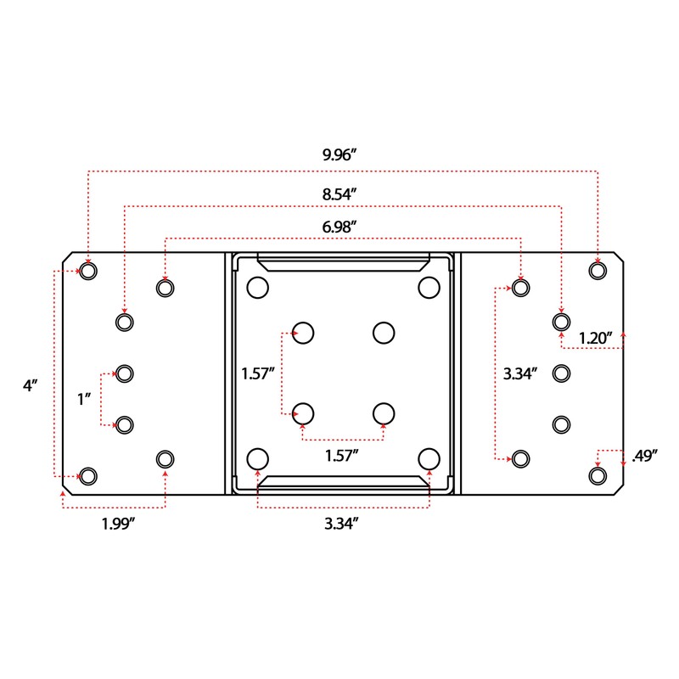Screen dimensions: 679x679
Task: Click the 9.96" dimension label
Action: [339, 156]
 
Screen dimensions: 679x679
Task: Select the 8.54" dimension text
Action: [339, 194]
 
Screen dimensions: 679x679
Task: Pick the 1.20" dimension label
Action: [596, 338]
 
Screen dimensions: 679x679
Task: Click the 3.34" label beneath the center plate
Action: [340, 524]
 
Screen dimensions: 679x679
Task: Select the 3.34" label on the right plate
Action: [520, 373]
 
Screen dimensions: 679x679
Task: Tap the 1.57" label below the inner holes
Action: [342, 456]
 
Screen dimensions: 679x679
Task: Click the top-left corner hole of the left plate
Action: [88, 272]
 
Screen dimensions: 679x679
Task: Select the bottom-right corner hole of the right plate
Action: [598, 475]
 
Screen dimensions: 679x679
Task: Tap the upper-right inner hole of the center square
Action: [384, 331]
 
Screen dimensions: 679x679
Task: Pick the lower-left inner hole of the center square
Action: [303, 412]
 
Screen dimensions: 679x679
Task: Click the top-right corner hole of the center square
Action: [428, 288]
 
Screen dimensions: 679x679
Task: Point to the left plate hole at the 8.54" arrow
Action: [125, 322]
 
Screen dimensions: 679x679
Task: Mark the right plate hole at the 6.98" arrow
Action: [521, 288]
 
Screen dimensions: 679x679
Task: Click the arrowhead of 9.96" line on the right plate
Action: [598, 260]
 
